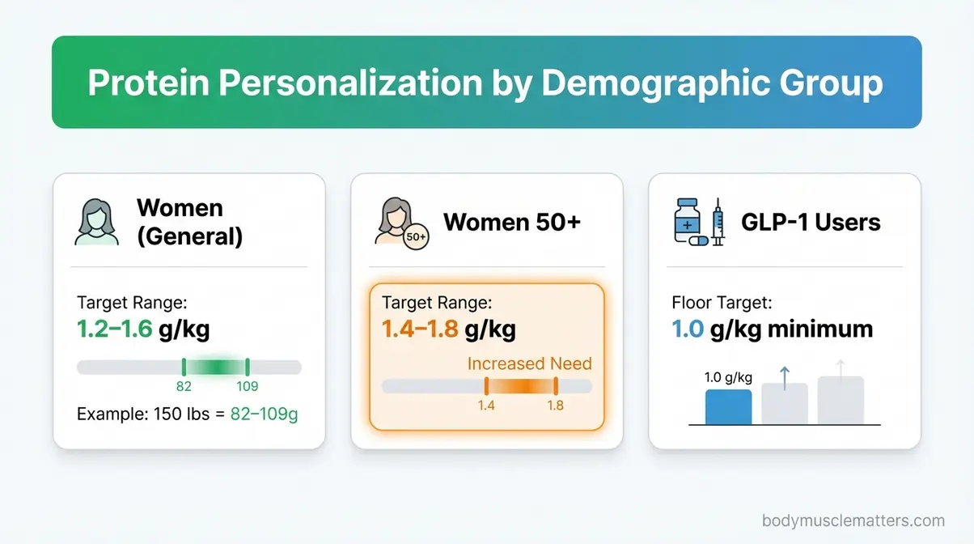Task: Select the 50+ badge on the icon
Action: point(415,236)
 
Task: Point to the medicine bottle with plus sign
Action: point(689,219)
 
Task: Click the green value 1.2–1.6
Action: point(114,329)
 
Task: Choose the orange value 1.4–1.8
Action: point(420,329)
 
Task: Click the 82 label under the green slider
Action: point(184,387)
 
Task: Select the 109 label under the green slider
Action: point(247,387)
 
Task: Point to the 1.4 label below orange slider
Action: point(485,405)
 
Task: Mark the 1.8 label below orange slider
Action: point(555,405)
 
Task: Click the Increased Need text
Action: point(530,363)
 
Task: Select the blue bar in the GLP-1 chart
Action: point(728,407)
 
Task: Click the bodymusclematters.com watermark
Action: point(853,521)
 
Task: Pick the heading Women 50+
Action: point(512,222)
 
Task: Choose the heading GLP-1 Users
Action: point(811,222)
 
